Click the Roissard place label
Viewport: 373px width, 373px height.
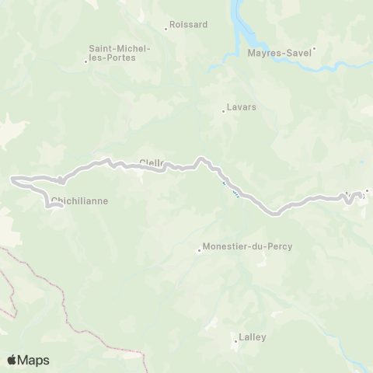pos(191,24)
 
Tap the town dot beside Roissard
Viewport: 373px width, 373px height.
pos(166,30)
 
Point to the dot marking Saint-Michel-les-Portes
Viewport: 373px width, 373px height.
pos(85,61)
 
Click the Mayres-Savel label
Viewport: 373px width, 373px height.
pos(279,53)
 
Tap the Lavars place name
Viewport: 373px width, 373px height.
pos(242,107)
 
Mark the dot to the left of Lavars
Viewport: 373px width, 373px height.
pos(223,111)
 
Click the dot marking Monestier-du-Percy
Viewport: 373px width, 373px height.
pos(199,250)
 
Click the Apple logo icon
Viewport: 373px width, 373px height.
pos(12,360)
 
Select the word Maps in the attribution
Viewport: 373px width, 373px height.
pos(35,360)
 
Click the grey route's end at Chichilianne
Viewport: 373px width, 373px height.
pos(61,207)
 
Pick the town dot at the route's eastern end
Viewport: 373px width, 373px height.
pos(367,190)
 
